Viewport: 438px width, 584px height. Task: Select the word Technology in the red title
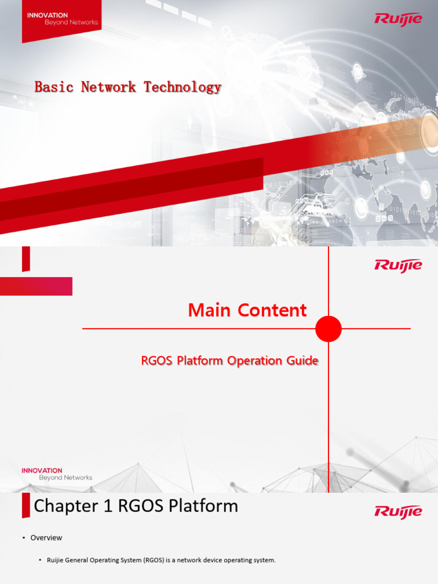pos(182,87)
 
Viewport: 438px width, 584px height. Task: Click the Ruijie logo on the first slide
pos(398,19)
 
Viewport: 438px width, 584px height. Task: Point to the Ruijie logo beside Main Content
pos(398,265)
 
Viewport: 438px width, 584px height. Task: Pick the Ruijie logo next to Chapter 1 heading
pos(398,511)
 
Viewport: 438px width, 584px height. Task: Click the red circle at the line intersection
pos(328,329)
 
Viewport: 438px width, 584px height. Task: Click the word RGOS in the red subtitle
pos(157,361)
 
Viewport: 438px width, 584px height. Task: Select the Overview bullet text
pos(46,538)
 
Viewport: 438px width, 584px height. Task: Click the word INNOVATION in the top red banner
pos(47,15)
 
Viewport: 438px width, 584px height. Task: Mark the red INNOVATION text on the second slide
pos(42,471)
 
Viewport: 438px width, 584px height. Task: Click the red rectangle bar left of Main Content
pos(36,286)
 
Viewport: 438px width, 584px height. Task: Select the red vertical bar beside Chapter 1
pos(26,506)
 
